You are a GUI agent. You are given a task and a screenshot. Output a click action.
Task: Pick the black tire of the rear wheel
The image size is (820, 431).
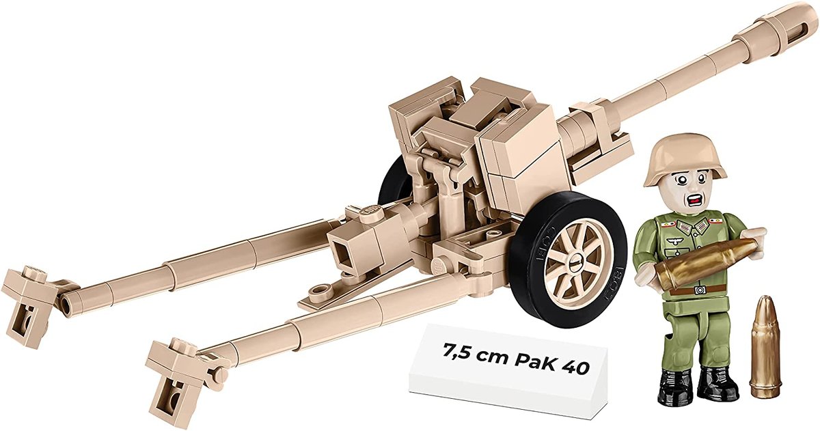(x=391, y=182)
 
